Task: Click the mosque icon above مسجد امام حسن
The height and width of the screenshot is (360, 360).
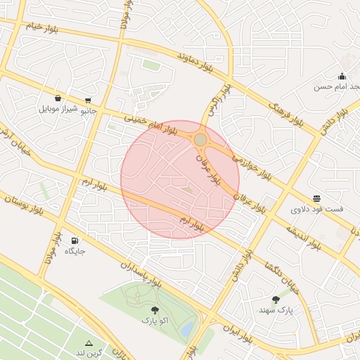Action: coord(342,76)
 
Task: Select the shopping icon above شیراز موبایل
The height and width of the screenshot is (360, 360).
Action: coord(57,98)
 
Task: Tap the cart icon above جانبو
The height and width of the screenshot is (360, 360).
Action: coord(88,100)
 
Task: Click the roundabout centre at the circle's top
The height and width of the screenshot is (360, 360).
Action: coord(200,140)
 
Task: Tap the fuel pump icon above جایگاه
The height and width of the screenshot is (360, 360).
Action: coord(75,240)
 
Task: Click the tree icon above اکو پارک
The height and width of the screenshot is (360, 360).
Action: coord(155,310)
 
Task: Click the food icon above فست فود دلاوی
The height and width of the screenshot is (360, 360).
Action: coord(317,199)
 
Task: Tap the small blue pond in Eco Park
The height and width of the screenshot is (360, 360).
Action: coord(187,328)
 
